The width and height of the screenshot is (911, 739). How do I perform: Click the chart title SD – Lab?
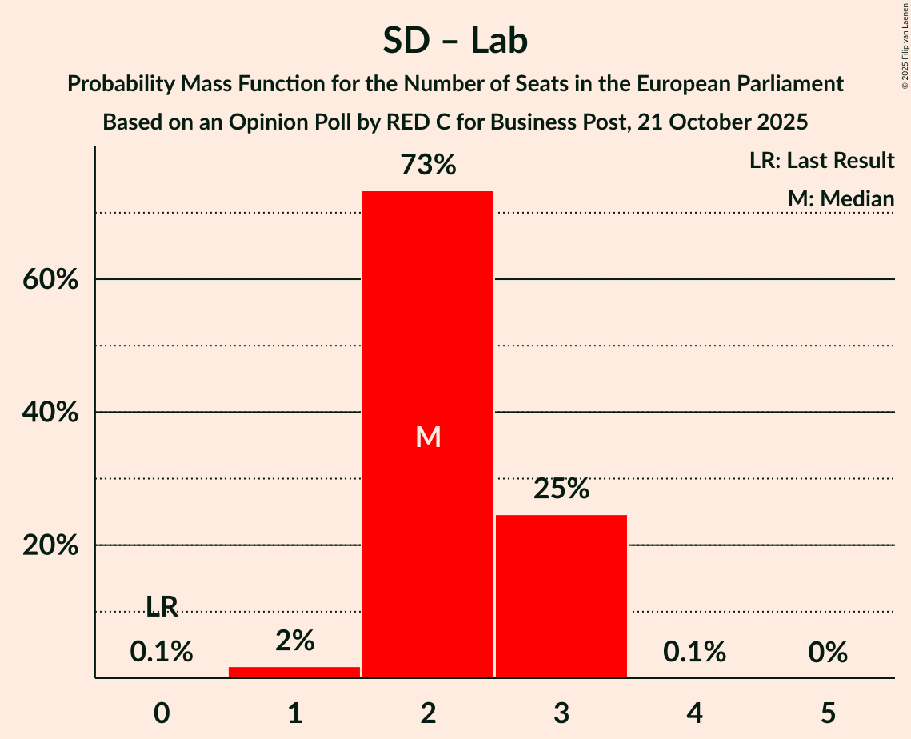click(455, 41)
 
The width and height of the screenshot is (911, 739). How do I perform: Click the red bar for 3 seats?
click(561, 596)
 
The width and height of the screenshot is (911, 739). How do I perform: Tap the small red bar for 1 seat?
click(294, 672)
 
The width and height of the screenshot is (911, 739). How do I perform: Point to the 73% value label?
click(428, 166)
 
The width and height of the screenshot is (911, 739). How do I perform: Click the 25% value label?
click(561, 489)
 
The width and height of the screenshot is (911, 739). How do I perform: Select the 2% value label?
click(294, 641)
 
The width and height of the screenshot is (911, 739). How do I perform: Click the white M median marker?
click(428, 437)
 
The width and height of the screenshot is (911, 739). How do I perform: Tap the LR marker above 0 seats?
click(162, 607)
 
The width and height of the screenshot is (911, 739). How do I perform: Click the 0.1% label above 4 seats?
click(694, 652)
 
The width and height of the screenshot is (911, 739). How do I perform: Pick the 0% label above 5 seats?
click(827, 652)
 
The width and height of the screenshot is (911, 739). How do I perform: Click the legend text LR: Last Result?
click(821, 161)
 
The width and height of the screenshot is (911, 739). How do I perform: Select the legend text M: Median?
click(840, 198)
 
